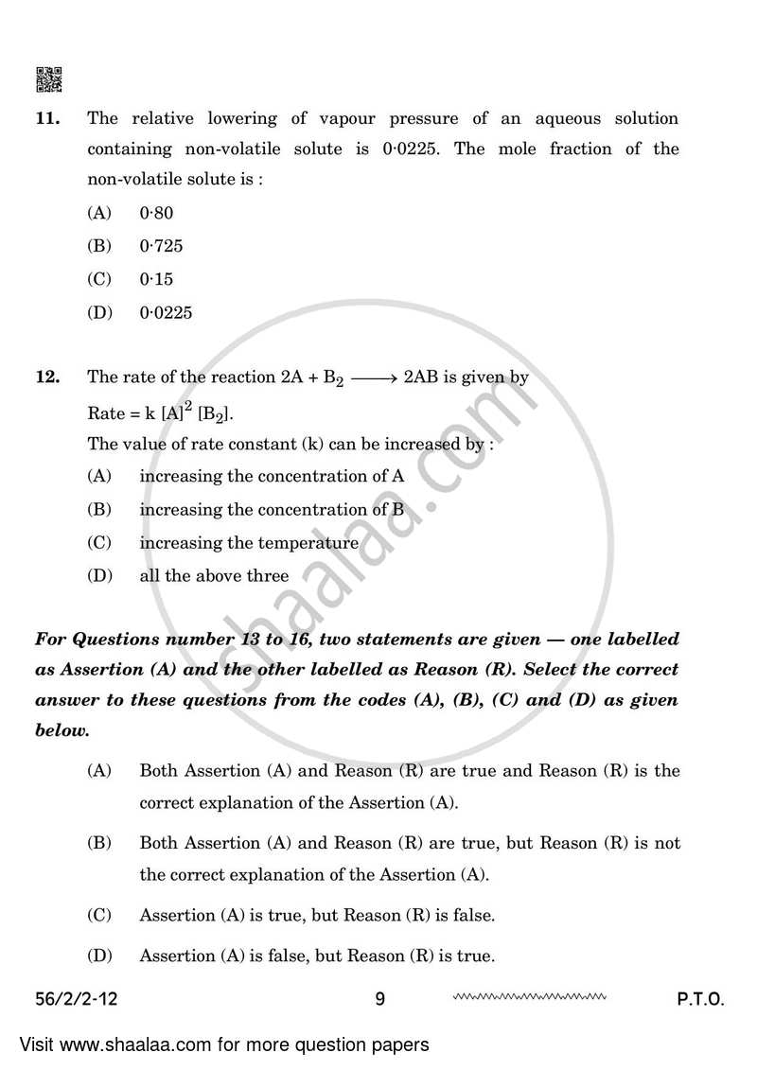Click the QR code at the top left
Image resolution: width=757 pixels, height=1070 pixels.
pos(48,79)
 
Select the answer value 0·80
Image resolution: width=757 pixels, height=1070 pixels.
pos(156,214)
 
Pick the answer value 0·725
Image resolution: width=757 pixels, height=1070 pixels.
pos(161,246)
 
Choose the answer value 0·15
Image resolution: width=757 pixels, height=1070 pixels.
pos(156,279)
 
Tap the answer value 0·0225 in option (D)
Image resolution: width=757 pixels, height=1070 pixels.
pos(166,312)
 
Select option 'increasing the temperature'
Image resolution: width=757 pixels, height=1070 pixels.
pos(249,543)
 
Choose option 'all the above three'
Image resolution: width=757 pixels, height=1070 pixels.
pos(214,575)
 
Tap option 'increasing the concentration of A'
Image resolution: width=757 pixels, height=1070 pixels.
pos(272,477)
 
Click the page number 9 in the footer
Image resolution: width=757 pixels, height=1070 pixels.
pos(379,999)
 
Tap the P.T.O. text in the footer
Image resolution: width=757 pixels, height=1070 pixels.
pos(699,999)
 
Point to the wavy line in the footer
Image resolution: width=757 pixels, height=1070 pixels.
pos(529,996)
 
